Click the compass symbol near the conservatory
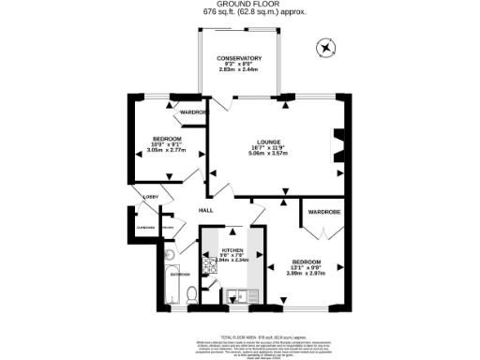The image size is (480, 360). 325,46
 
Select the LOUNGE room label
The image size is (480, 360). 262,142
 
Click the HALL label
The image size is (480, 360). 205,210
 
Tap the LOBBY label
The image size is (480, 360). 149,196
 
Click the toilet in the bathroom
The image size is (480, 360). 191,293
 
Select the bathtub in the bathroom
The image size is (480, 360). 170,285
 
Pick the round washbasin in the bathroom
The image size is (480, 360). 170,253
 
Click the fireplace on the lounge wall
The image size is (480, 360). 339,146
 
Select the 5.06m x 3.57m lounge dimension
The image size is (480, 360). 262,154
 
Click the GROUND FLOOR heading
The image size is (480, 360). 238,5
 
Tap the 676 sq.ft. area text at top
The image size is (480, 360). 238,12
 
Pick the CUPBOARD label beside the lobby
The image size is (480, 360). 144,227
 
